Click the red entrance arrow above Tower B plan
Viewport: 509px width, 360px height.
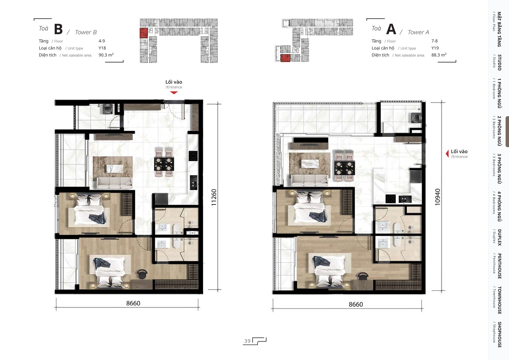(x=174, y=93)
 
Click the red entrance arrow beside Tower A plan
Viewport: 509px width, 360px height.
(x=447, y=154)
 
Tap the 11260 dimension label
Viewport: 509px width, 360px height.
(x=214, y=197)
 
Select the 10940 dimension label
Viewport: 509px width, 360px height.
(x=437, y=197)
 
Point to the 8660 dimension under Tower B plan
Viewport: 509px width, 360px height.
(x=133, y=303)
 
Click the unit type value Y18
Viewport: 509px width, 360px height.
(x=102, y=48)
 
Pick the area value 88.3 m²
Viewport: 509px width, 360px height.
(x=439, y=55)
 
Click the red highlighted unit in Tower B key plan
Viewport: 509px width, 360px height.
(x=144, y=33)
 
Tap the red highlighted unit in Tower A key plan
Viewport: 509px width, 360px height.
(x=285, y=58)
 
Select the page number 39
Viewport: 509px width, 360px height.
(x=247, y=341)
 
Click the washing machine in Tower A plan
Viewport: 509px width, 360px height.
(x=416, y=118)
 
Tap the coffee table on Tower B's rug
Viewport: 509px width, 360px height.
(x=115, y=169)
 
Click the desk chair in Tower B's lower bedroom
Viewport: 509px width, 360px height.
(x=142, y=274)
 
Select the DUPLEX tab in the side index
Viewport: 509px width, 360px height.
(x=498, y=237)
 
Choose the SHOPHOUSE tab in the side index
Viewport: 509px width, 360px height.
(x=498, y=335)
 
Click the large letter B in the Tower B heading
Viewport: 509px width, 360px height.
(x=58, y=29)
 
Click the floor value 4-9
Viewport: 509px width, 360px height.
(x=102, y=41)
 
